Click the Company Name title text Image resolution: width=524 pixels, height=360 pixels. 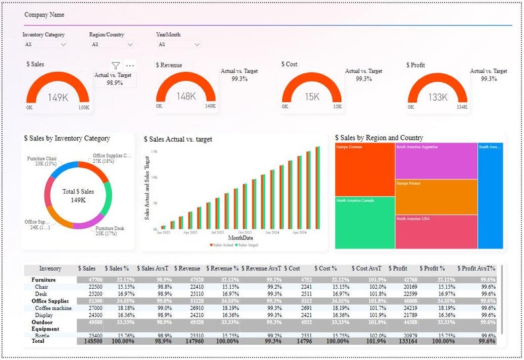click(45, 14)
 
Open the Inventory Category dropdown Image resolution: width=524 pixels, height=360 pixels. click(45, 45)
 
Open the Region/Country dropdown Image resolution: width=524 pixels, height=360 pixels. click(112, 45)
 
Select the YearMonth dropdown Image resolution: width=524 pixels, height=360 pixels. click(178, 45)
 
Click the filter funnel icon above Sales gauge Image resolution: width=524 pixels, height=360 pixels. click(115, 65)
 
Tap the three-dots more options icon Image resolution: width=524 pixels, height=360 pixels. click(130, 65)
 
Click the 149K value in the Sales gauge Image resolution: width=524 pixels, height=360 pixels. click(57, 98)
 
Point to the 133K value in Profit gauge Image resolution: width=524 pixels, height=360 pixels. click(439, 98)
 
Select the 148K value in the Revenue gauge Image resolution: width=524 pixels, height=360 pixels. click(186, 97)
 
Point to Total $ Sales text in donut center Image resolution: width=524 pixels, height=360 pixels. click(79, 191)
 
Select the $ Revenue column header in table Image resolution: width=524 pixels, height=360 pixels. click(185, 269)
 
